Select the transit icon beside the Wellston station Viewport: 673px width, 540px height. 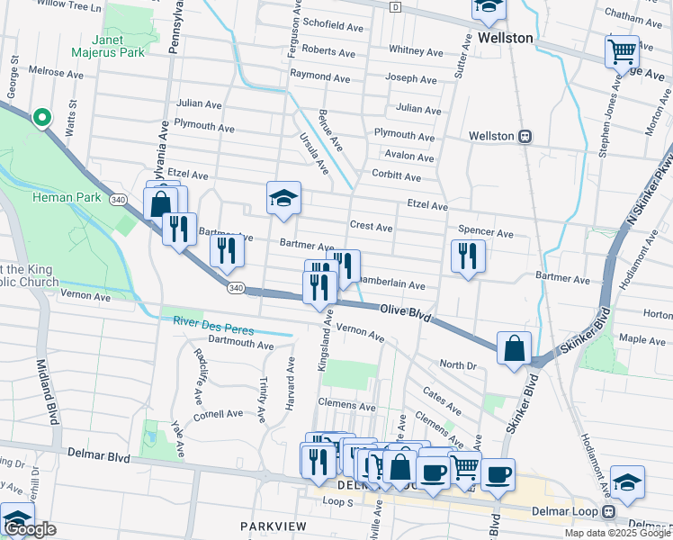(524, 136)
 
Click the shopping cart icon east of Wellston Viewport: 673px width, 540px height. (622, 52)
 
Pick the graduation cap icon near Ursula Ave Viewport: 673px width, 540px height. (283, 198)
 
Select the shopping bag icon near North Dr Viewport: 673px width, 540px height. (514, 347)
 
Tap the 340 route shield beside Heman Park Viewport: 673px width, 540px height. (118, 198)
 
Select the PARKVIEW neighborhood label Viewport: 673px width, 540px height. (274, 526)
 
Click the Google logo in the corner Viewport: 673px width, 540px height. (30, 530)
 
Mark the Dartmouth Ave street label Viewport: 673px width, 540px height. (239, 345)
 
